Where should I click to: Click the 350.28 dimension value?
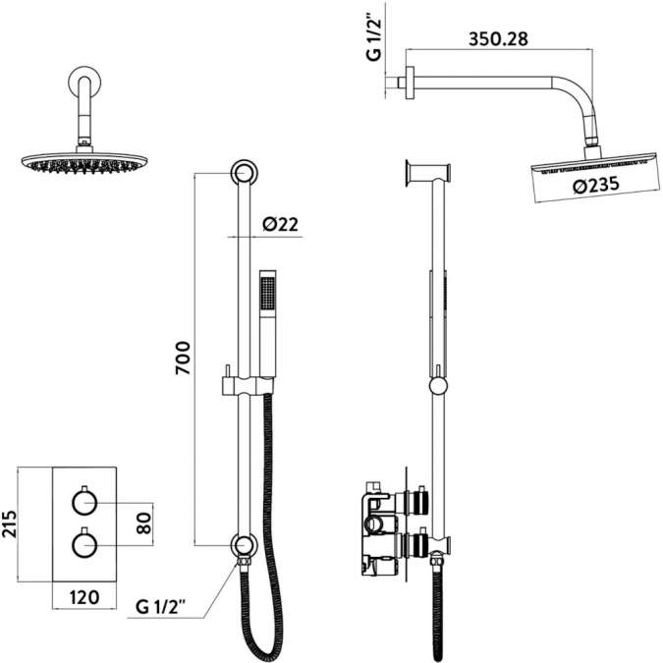(x=498, y=40)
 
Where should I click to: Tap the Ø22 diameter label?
(x=280, y=225)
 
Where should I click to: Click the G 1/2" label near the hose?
(x=164, y=609)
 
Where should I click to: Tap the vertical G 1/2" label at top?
(x=373, y=38)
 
